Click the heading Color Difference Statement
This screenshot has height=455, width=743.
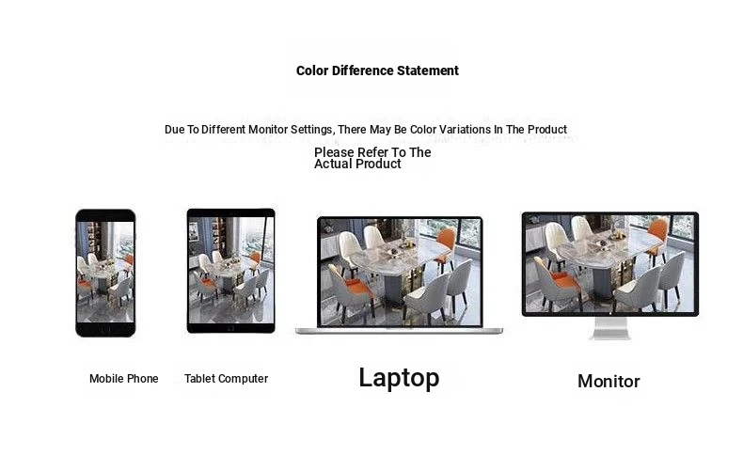click(377, 71)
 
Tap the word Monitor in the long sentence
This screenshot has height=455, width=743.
click(268, 129)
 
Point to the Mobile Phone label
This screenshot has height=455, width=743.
click(123, 379)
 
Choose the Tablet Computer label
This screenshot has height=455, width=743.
click(226, 379)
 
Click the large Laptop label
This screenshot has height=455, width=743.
click(399, 378)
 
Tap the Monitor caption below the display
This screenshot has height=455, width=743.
click(609, 381)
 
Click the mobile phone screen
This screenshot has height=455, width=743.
click(105, 272)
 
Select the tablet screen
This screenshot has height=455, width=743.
click(230, 270)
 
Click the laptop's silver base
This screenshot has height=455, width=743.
click(399, 330)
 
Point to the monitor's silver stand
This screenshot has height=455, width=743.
click(610, 329)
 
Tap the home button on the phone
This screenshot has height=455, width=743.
click(105, 330)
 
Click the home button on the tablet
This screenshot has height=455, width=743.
click(230, 328)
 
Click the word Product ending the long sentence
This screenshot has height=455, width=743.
click(547, 129)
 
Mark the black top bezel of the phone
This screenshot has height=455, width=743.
click(105, 215)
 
